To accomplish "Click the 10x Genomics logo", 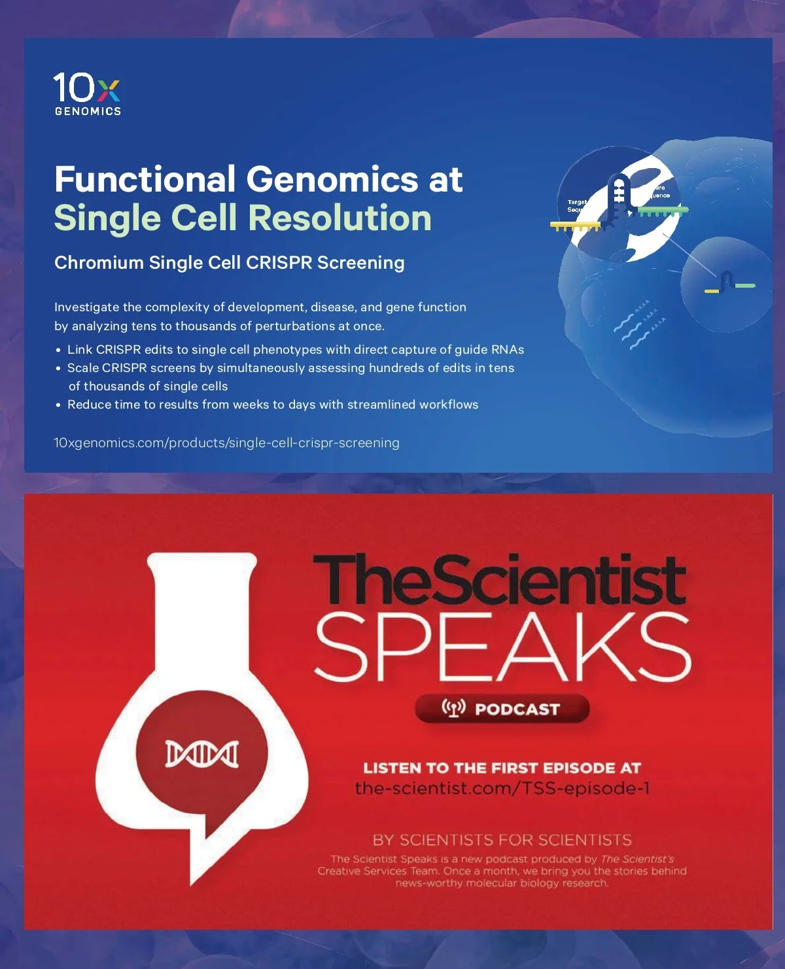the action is pos(87,93).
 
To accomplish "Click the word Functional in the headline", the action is pos(145,179).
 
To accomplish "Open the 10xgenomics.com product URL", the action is pos(226,443).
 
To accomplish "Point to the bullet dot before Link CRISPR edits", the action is pos(58,350).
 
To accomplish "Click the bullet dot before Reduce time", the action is pos(58,405).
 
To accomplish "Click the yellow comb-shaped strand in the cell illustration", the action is pos(575,226).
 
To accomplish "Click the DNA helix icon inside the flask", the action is pos(201,754).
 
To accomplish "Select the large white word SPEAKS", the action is pos(503,647).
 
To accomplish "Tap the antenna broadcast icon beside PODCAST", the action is pos(454,708).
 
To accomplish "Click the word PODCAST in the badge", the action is pos(517,709).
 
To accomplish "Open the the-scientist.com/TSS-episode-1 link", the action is pos(502,788).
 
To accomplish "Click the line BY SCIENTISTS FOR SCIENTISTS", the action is pos(502,840).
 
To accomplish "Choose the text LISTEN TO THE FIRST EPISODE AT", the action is pos(502,768).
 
